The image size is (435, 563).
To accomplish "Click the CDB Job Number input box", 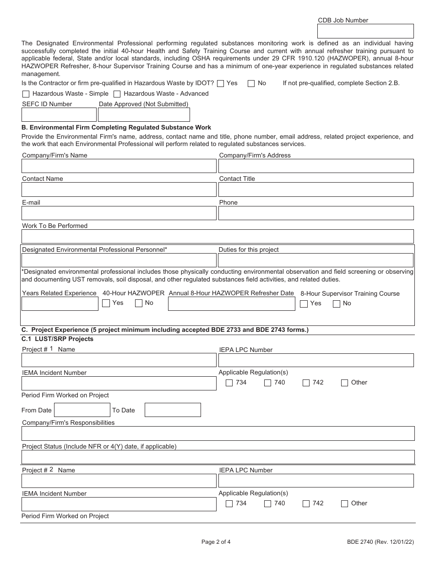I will click(365, 31).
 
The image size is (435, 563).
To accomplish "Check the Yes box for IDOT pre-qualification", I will click(221, 83).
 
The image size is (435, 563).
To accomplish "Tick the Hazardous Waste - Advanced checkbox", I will click(117, 94).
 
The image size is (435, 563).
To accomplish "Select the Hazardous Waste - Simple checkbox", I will click(26, 94).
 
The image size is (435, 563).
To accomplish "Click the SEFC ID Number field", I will click(59, 114).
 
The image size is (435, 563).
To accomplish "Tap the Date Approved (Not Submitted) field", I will click(144, 114).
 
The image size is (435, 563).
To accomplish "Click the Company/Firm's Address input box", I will click(316, 166).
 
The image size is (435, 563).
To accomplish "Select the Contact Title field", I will click(316, 189).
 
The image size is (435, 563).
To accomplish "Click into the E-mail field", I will click(119, 213).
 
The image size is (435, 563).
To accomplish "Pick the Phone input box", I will click(316, 213).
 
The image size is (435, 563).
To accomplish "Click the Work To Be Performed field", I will click(217, 236).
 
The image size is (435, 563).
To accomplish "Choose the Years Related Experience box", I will click(60, 304).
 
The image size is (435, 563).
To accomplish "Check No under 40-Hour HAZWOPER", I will click(139, 303).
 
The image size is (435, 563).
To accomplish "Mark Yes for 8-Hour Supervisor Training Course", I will click(304, 303).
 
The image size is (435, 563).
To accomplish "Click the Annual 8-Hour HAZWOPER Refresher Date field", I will click(231, 304).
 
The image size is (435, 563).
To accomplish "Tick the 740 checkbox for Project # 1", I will click(268, 383).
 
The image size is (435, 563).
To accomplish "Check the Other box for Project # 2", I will click(345, 503).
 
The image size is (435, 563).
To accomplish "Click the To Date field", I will click(173, 410).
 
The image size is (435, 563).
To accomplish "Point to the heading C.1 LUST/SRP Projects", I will click(58, 339).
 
